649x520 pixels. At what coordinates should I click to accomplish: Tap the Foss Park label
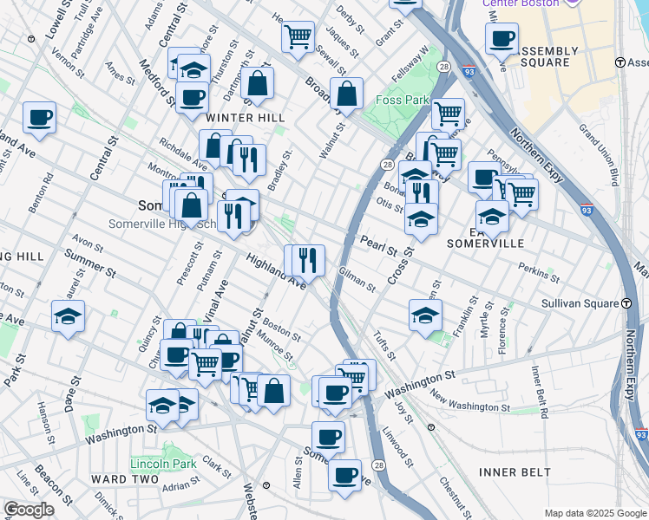402,100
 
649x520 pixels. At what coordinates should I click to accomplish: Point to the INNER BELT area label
514,471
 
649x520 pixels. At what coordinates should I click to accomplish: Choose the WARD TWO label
124,478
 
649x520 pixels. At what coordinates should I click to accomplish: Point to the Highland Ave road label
276,271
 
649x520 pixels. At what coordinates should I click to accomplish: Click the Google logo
29,510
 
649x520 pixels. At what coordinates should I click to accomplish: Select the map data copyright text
594,513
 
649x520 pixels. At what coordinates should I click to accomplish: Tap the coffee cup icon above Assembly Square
501,38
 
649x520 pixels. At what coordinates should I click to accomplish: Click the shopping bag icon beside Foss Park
346,94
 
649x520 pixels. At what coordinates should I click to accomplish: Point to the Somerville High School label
161,224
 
